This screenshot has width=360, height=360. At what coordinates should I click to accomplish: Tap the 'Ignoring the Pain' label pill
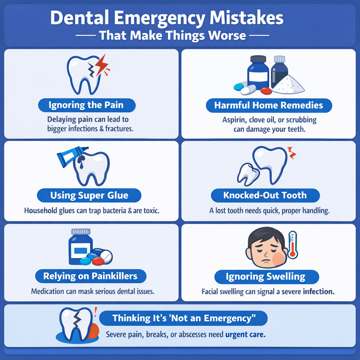tap(87, 105)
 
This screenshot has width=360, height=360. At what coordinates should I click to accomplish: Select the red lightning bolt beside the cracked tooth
tap(103, 65)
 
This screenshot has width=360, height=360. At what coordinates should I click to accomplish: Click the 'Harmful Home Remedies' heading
tap(269, 105)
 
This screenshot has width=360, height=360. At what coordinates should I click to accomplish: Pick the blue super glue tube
tap(71, 156)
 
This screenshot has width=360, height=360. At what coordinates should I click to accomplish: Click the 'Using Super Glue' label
tap(89, 195)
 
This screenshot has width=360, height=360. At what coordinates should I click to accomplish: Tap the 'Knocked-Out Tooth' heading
tap(265, 195)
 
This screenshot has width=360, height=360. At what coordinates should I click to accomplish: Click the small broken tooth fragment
tap(248, 174)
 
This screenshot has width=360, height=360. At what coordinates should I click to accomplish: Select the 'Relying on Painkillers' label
tap(91, 276)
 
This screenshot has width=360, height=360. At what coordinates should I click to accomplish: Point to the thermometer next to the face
tap(292, 245)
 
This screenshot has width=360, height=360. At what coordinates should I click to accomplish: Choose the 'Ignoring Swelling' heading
tap(266, 277)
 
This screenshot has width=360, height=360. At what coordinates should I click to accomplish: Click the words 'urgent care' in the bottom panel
tap(245, 334)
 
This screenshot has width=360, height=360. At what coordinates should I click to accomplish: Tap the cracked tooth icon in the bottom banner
tap(76, 324)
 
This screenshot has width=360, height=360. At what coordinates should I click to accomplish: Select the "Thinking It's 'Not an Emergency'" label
tap(184, 318)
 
